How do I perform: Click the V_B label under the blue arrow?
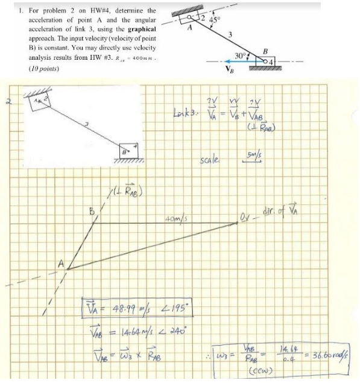228,69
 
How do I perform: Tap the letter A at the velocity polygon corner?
61,264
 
